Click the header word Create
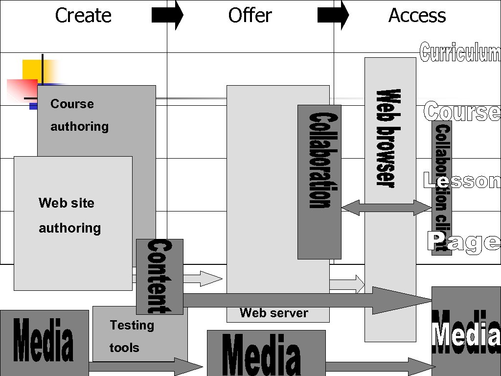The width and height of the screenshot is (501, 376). coord(83,15)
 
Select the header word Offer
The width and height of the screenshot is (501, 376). coord(250,15)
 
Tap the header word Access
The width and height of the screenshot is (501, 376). coord(417,15)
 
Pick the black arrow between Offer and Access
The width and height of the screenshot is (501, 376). coord(333,15)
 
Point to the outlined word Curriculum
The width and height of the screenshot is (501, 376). coord(460,53)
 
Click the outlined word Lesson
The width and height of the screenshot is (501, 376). coord(462,181)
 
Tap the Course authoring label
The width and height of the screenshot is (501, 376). coord(79,115)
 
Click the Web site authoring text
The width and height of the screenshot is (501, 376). coord(69,215)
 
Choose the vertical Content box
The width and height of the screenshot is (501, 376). coord(159,277)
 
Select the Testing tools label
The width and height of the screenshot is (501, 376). coord(131,336)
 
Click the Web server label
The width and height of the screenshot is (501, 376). coord(274,313)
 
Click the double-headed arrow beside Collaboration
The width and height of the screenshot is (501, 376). coord(387,208)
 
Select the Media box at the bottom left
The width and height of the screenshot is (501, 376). coord(44,343)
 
